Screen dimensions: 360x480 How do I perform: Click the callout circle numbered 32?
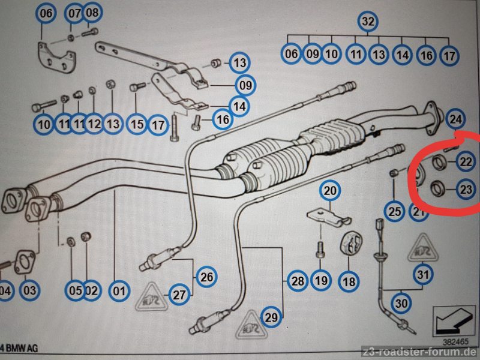pos(368,22)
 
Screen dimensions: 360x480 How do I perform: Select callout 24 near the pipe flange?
pos(456,119)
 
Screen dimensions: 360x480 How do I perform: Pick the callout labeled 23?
pos(466,190)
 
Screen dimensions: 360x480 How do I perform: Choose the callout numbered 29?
pos(272,317)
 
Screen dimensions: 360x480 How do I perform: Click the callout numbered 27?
pos(179,295)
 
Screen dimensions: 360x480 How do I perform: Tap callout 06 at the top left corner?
pos(46,12)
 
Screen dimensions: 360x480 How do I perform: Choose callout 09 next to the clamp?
pos(245,85)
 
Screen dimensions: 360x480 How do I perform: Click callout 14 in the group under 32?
pos(403,55)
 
